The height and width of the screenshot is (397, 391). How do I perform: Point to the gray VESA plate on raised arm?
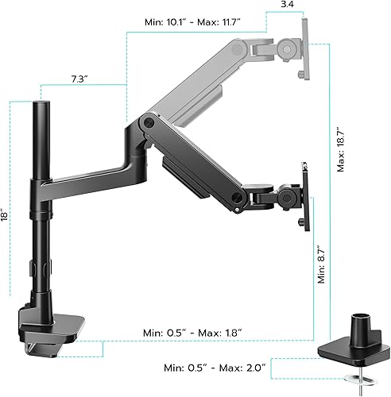(301, 48)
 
